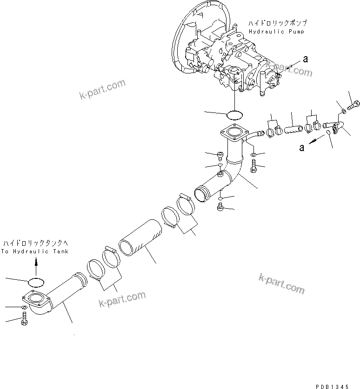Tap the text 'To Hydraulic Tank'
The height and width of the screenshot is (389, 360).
coord(35,251)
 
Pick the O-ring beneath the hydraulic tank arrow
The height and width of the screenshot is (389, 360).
coord(36,282)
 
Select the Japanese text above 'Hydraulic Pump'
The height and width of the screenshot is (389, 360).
coord(278,23)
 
